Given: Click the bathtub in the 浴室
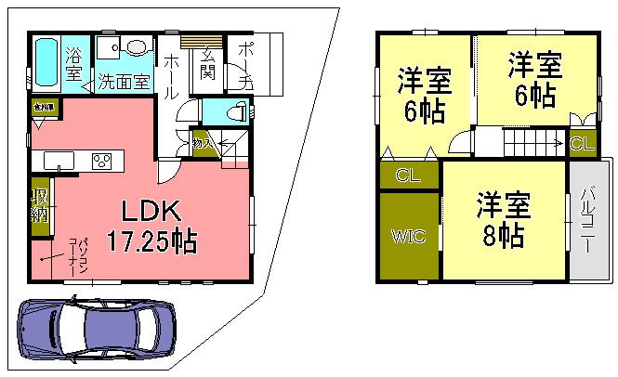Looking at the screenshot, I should (x=46, y=62).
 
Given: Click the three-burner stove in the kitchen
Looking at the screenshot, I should (x=101, y=161).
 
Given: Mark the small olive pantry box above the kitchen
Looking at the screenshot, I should (x=42, y=109).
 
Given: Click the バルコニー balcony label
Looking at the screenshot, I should (x=589, y=222).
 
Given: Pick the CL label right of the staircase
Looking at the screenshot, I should (x=583, y=144).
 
